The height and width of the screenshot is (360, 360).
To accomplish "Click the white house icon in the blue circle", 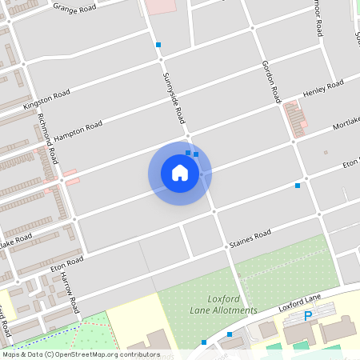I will click(180, 173).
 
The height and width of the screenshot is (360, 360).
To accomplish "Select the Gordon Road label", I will click(271, 82).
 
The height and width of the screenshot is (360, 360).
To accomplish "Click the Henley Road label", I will click(323, 89).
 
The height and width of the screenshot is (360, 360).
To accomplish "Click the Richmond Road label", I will click(48, 138).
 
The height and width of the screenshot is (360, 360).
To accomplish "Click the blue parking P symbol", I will click(308, 317).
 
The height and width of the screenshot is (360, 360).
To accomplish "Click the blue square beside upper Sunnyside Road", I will click(158, 45).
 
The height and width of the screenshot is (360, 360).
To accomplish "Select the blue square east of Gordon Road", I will click(298, 186).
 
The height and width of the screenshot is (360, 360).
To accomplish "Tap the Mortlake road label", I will click(346, 122).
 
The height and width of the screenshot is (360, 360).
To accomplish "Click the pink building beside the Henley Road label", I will click(298, 119).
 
